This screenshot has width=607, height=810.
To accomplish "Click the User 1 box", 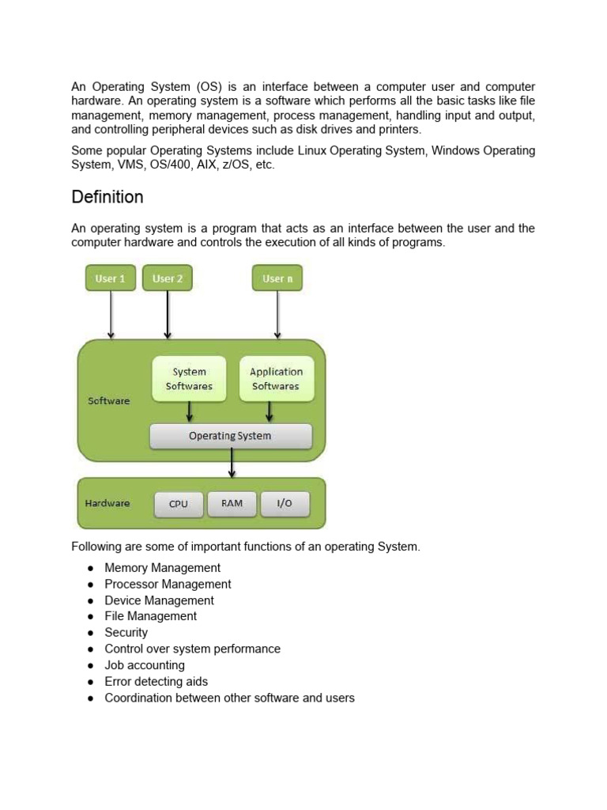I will (111, 278).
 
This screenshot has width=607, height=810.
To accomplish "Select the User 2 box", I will (168, 278).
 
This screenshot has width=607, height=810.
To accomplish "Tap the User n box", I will (277, 278).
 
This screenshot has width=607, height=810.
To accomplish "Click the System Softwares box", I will (189, 379).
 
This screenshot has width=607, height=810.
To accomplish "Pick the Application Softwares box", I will (276, 379).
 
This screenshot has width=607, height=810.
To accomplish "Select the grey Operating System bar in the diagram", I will (230, 436).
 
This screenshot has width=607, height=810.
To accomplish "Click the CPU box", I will (179, 504).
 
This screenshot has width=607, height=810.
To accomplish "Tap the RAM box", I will (232, 504).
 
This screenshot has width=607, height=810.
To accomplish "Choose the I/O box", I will (285, 504).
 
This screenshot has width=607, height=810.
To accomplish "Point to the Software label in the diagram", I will (108, 401).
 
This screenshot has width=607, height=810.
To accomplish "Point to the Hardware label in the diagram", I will (107, 503).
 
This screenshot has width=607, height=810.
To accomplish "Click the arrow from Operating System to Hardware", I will (232, 463).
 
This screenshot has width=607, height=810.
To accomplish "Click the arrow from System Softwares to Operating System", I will (189, 412).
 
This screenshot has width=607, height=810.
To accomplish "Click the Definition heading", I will (107, 197).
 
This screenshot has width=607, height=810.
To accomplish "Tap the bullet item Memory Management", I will (163, 568).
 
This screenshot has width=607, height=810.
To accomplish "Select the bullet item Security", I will (126, 633).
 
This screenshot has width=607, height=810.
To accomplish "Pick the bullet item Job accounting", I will (145, 665).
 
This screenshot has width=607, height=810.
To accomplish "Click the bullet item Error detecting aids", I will (156, 682).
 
